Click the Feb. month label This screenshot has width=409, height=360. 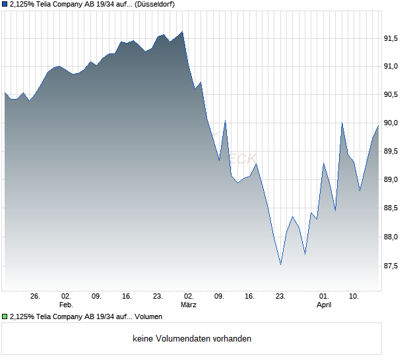tap(65, 305)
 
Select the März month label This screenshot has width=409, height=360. tap(189, 305)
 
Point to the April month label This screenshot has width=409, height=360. tap(324, 305)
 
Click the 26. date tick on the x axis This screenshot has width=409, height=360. tap(35, 297)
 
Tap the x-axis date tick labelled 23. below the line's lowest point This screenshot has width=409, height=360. tap(280, 297)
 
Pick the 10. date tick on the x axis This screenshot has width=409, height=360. tap(354, 297)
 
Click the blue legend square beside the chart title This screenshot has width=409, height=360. tap(5, 5)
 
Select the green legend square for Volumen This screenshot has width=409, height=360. tap(5, 317)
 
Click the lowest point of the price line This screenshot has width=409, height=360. tap(280, 264)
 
